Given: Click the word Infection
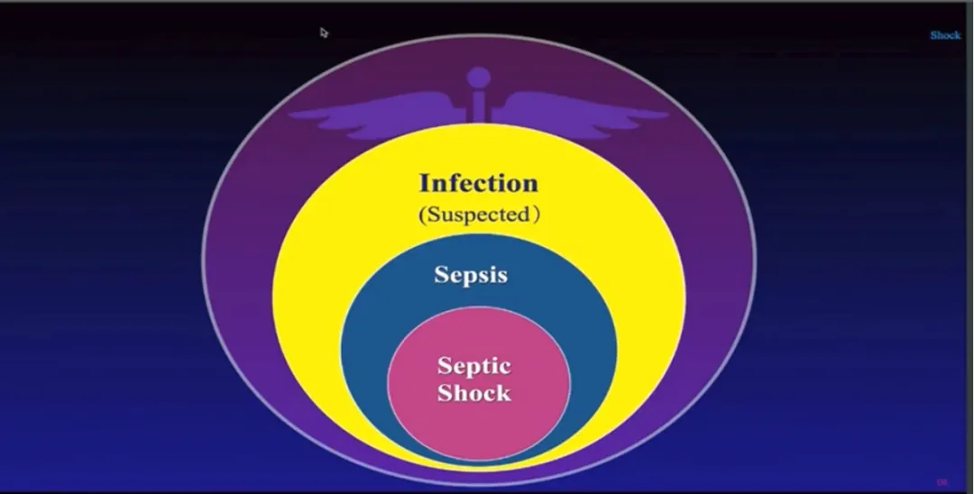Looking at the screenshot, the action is (x=478, y=183).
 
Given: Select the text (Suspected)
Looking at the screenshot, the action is (x=478, y=215).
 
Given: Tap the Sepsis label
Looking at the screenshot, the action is (x=470, y=274).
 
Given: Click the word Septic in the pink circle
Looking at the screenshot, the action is (x=473, y=367).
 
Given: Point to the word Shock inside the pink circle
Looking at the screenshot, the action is (x=473, y=393).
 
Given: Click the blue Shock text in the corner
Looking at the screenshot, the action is (x=945, y=35).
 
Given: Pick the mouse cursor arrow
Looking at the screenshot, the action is (x=324, y=32).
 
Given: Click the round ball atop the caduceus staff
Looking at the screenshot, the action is (x=480, y=77).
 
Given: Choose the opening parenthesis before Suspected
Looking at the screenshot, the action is (x=421, y=216).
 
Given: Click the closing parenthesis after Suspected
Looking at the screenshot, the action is (x=536, y=216).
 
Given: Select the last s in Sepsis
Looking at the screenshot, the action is (x=501, y=275).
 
